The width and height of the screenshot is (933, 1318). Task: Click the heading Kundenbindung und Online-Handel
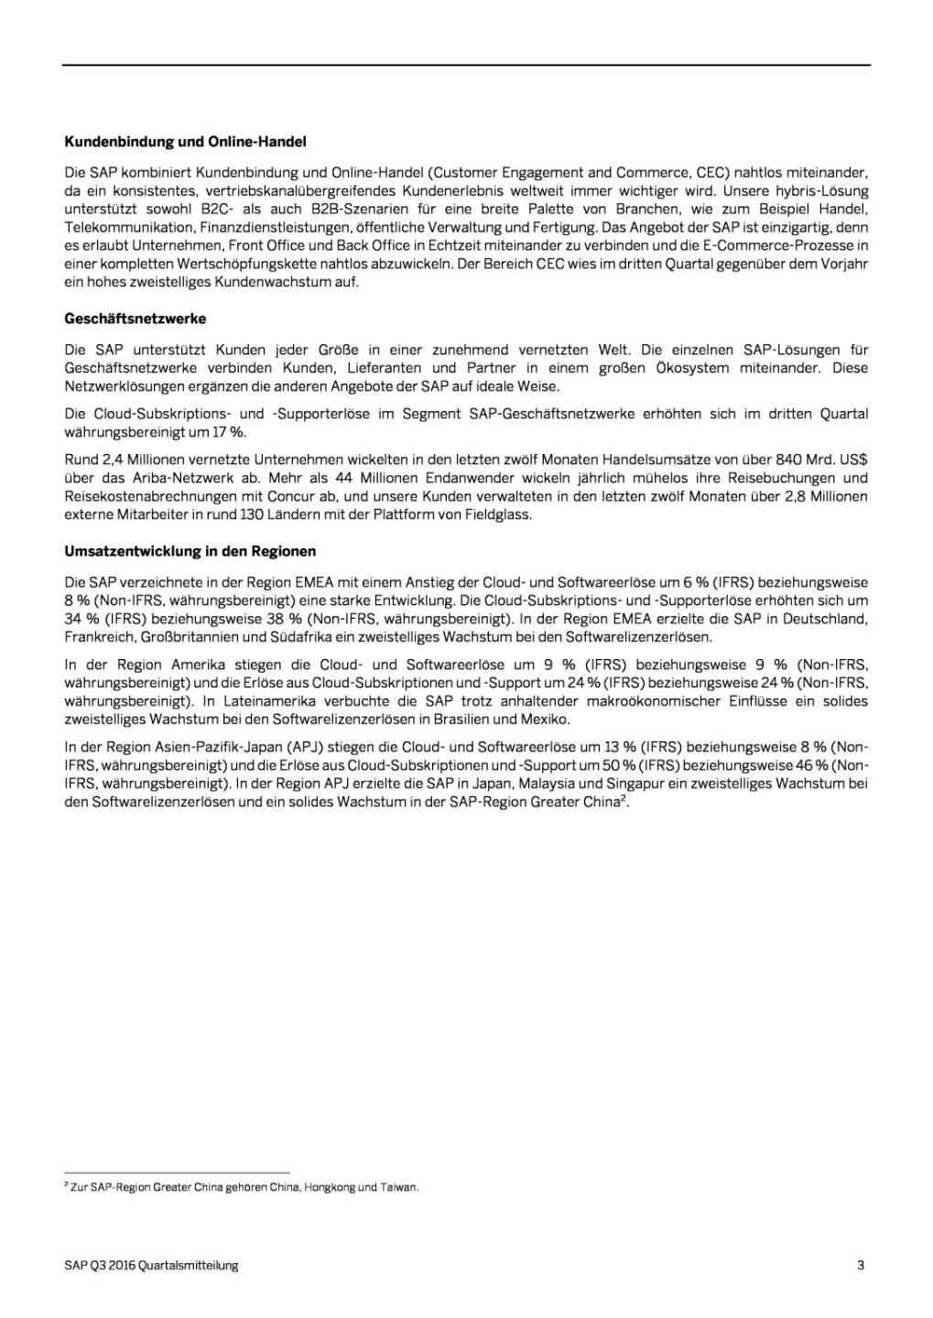point(185,142)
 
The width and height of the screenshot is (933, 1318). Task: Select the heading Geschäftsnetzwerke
point(136,319)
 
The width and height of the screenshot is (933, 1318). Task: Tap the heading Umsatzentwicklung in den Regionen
point(190,551)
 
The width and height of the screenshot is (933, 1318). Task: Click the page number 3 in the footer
point(861,1265)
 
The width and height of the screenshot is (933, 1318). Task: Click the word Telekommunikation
point(129,228)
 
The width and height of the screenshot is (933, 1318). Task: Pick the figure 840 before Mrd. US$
point(788,459)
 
